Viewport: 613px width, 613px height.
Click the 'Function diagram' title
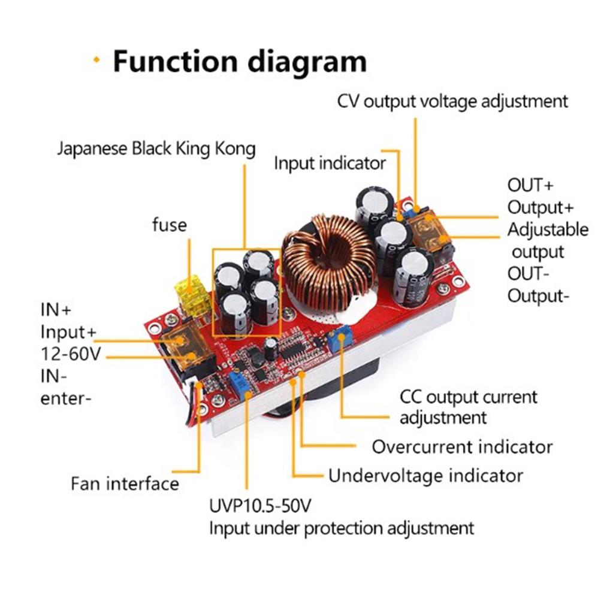[x=239, y=62]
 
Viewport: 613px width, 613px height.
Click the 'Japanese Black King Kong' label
[x=156, y=149]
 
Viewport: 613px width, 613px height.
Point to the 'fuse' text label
[x=170, y=225]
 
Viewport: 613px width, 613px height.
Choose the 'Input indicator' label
[x=330, y=162]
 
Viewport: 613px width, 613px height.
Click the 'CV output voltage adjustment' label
[x=452, y=101]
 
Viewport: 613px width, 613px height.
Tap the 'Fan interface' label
[x=125, y=483]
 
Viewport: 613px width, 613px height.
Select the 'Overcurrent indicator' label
[x=462, y=446]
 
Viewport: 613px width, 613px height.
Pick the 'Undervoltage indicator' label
[x=425, y=476]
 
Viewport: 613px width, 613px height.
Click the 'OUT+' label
[x=530, y=185]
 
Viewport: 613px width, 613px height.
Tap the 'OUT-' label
[x=529, y=273]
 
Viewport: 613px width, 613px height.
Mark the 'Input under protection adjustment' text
[x=341, y=529]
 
